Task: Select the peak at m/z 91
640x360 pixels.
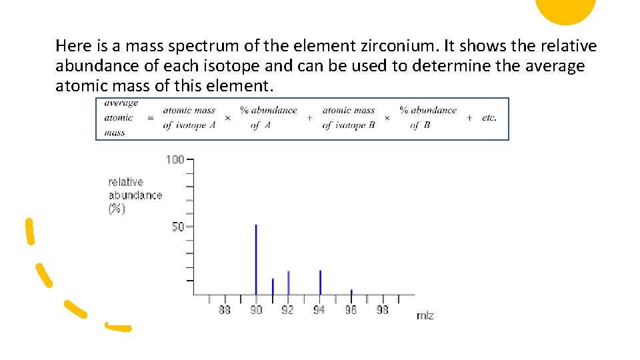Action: point(273,286)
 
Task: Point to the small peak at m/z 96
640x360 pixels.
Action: point(351,291)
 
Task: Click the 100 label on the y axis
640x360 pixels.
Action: point(175,159)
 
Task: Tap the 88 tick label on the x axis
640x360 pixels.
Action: point(225,310)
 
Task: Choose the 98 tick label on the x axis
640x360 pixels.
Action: point(382,310)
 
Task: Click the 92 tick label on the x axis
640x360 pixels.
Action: point(287,310)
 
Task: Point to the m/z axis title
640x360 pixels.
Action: point(425,315)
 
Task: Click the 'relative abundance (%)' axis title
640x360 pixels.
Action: point(135,195)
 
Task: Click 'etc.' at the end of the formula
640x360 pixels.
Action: point(489,117)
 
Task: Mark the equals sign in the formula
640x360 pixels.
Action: point(149,117)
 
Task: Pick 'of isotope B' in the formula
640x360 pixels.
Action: point(349,125)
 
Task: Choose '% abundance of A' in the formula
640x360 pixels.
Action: point(268,117)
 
